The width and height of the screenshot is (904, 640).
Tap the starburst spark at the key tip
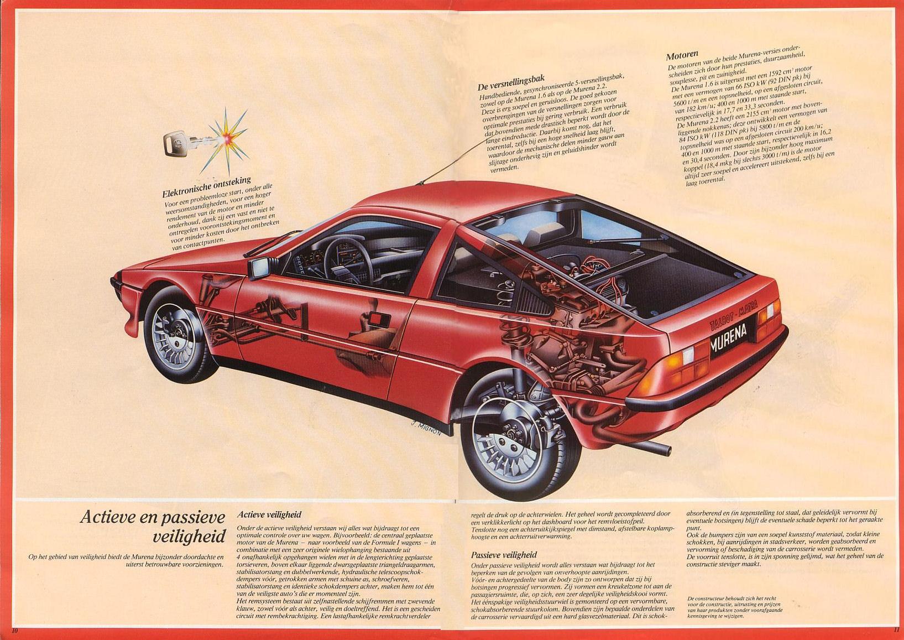coord(226,138)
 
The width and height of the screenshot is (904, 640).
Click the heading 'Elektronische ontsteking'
coord(207,186)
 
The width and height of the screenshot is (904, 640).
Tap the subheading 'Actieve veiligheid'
coord(269,515)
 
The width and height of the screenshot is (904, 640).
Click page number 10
coord(15,631)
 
